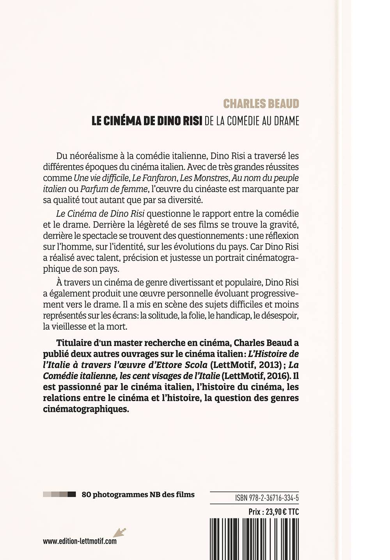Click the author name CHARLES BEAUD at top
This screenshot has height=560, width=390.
tap(261, 104)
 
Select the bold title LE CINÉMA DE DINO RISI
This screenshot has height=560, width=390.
tap(147, 121)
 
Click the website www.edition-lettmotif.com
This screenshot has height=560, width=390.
tap(80, 541)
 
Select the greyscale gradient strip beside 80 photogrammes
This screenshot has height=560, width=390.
tap(59, 495)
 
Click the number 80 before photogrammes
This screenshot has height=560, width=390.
tap(86, 495)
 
